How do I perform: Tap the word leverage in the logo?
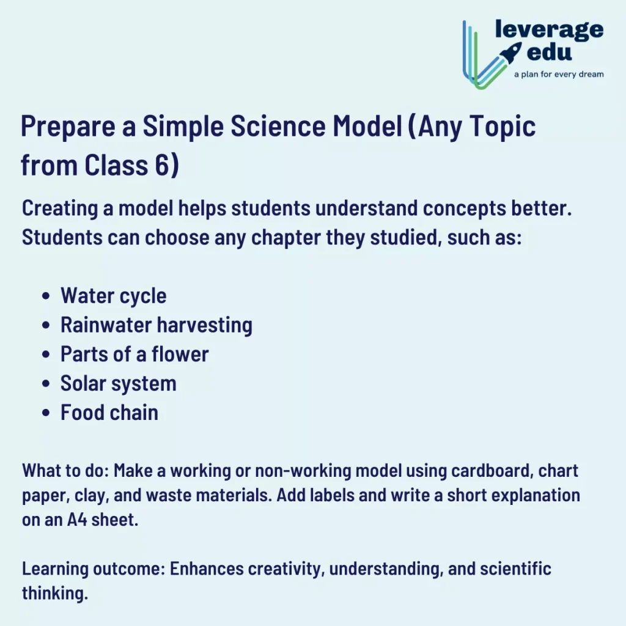coord(549,29)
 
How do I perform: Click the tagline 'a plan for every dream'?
coord(558,75)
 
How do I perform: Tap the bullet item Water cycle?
coord(113,296)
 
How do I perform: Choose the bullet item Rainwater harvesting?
coord(156,325)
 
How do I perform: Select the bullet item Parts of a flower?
coord(134,355)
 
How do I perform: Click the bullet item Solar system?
coord(118,384)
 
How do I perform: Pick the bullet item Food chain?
coord(109,413)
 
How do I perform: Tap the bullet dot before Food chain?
coord(46,414)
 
